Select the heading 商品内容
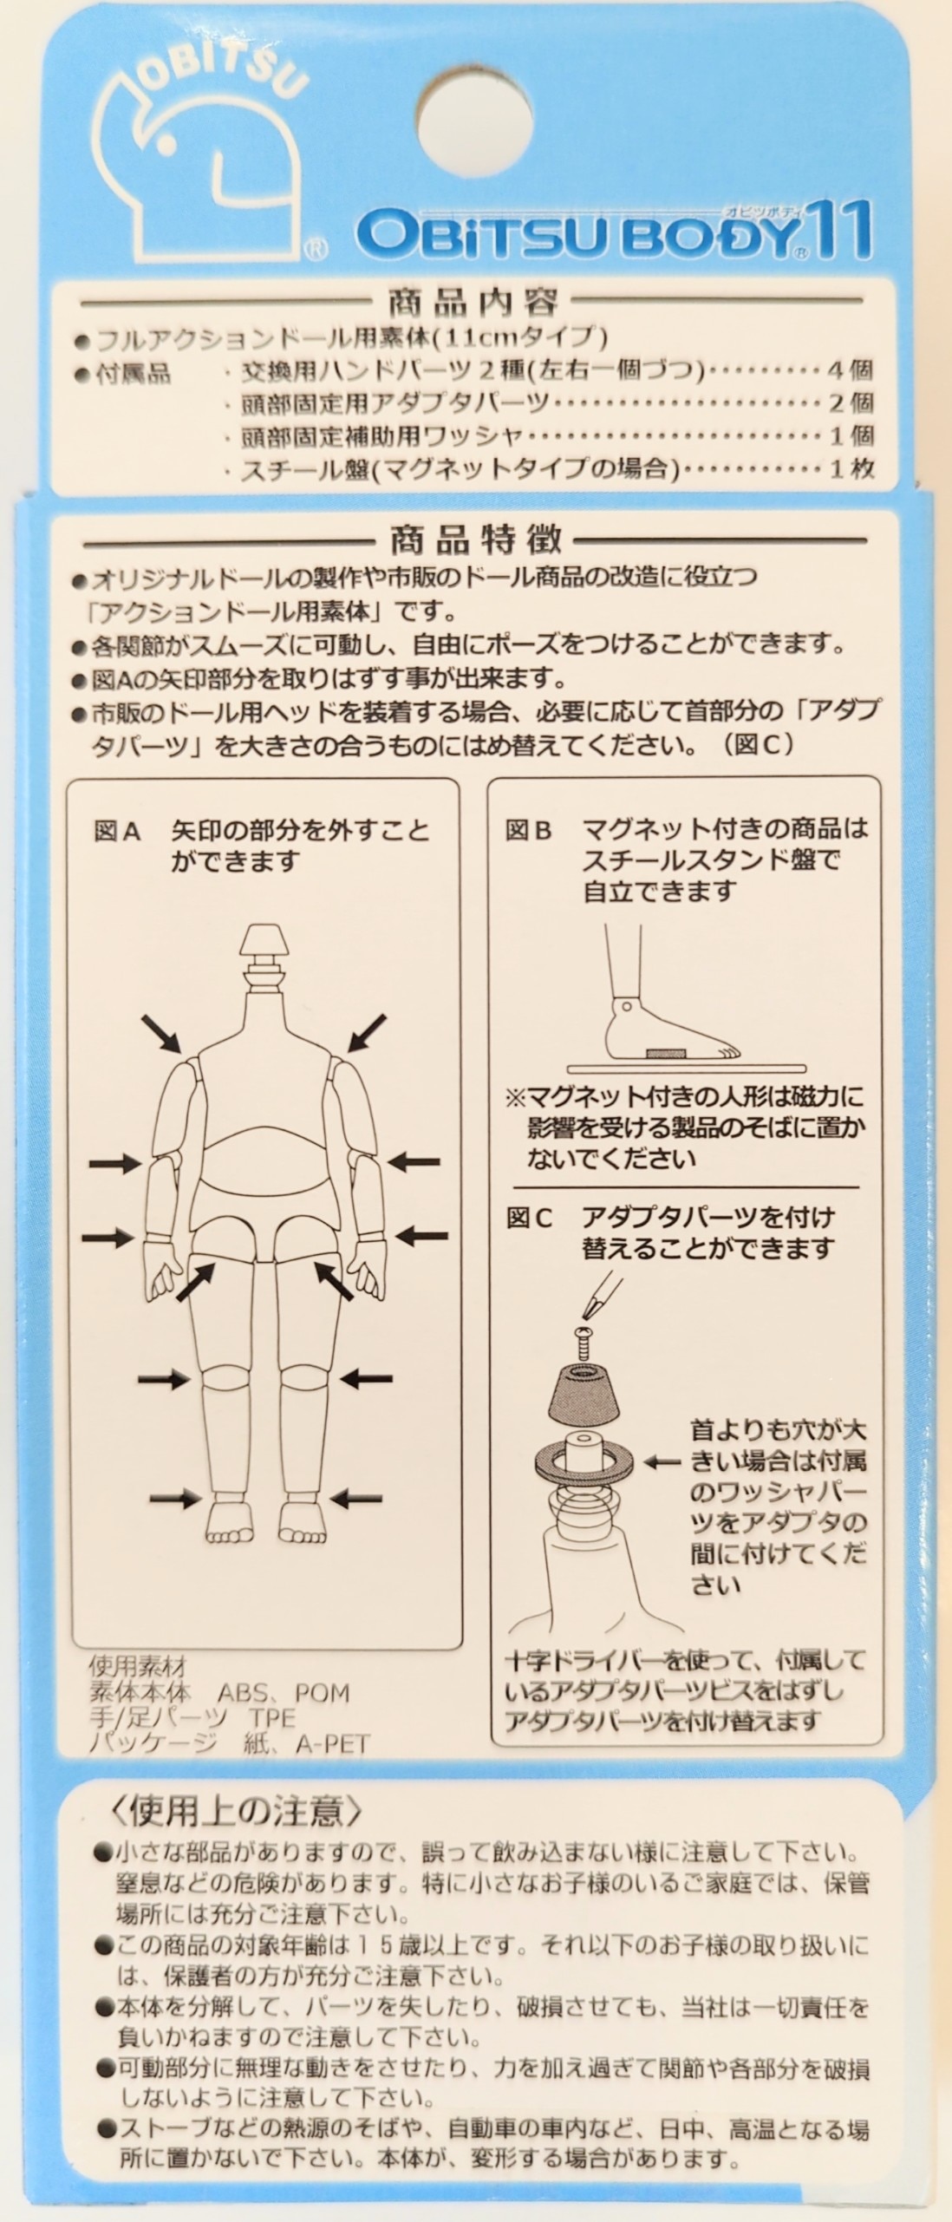point(474,303)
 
